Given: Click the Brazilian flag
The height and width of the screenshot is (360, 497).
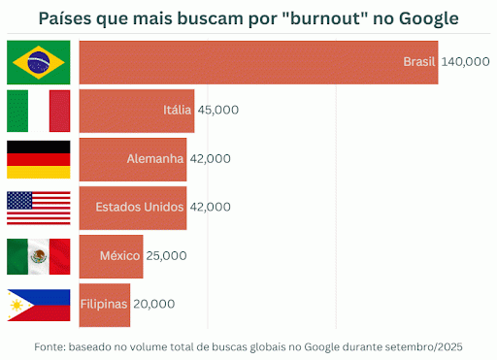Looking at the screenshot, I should (39, 62).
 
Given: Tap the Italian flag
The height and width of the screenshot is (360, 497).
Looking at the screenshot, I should (39, 110).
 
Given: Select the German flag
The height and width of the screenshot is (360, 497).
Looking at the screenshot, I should (39, 158).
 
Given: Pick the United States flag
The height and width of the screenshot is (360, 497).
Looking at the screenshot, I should (39, 207).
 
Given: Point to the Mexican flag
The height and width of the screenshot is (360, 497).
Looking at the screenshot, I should (39, 255).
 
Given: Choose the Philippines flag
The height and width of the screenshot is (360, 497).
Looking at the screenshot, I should (39, 304).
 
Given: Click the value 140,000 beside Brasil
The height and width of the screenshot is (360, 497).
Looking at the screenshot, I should (465, 62).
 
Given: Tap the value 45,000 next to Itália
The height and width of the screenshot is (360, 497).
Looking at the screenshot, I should (218, 110).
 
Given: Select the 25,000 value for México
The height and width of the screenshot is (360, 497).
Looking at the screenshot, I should (166, 255).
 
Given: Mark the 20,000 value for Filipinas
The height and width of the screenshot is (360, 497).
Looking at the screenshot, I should (154, 304).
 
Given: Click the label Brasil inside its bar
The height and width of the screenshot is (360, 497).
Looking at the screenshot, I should (419, 62).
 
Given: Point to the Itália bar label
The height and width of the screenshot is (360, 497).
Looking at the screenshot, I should (178, 110).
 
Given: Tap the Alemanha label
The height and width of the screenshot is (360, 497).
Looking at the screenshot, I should (155, 158).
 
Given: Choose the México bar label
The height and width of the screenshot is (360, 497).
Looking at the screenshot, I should (121, 255).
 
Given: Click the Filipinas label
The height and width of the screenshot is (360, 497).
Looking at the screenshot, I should (104, 304).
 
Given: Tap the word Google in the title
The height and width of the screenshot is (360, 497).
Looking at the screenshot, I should (428, 18).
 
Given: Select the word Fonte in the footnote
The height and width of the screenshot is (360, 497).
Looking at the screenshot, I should (50, 345).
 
